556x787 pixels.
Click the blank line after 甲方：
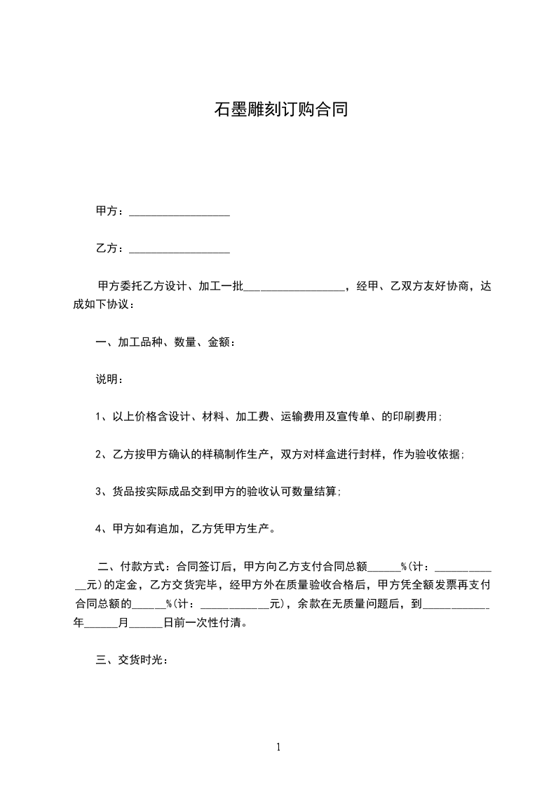coord(180,212)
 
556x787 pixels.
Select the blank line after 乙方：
coord(180,249)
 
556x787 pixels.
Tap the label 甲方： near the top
coord(110,211)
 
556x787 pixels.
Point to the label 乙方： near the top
coord(110,248)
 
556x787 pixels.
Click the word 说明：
coord(110,379)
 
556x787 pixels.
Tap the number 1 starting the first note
coord(99,417)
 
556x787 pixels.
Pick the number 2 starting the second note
coord(99,454)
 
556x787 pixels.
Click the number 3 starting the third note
coord(99,491)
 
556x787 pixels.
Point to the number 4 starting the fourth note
coord(99,528)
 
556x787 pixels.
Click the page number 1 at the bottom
coord(278,747)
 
